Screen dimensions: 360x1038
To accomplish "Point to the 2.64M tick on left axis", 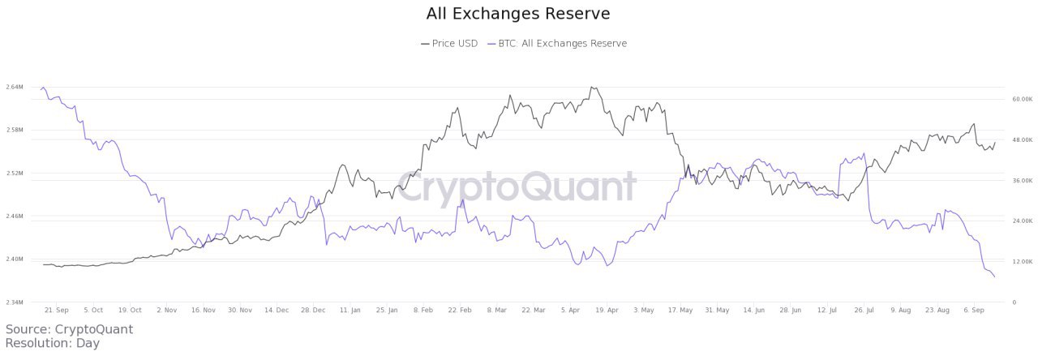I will point(14,87).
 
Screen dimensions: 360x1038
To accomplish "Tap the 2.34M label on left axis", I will point(14,302).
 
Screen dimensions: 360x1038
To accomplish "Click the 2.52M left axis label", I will point(14,174).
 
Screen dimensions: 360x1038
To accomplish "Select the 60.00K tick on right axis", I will point(1021,99).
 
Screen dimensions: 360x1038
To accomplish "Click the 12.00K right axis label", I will point(1021,262).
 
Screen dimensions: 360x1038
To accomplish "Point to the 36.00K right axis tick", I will point(1021,181).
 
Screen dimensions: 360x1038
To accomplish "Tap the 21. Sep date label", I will point(57,310).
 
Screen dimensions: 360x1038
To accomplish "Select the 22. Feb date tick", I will point(460,310).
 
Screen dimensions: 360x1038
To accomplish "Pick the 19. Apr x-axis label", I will point(607,310).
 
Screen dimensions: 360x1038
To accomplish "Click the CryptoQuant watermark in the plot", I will point(517,187).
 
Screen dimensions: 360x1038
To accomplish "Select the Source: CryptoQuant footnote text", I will point(69,329).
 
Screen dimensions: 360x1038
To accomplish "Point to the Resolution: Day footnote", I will point(52,343).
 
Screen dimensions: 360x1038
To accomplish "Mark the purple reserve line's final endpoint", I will point(995,277).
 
